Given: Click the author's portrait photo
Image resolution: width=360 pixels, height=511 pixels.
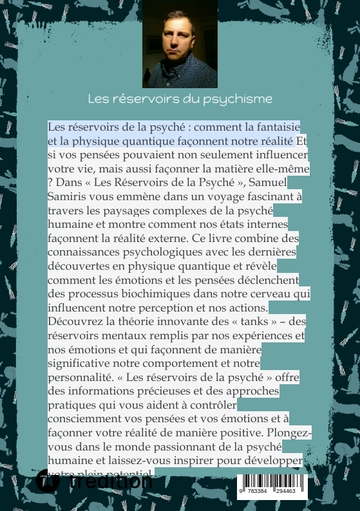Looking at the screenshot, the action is point(180,44).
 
